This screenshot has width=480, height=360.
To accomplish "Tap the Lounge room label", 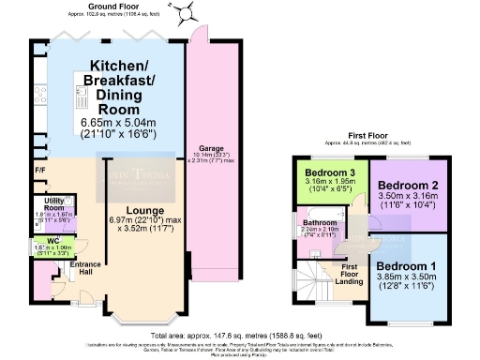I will click(140, 209).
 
